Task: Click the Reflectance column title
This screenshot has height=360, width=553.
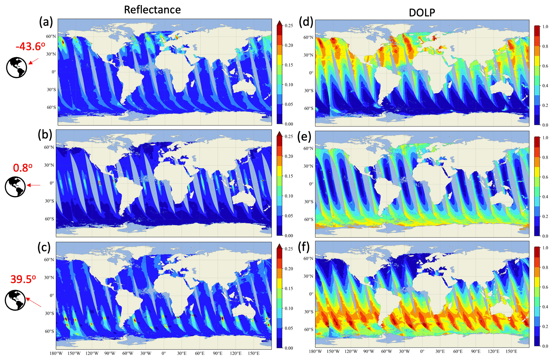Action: pos(152,10)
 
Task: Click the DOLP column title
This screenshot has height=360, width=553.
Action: pos(422,13)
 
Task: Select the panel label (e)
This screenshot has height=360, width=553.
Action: pos(304,137)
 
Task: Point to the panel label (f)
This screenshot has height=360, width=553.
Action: pos(304,248)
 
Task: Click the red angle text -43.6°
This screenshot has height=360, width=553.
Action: pos(30,47)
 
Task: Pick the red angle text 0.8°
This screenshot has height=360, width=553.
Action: pos(23,168)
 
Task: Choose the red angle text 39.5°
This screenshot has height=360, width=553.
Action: pos(23,279)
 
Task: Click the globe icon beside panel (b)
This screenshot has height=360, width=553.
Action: pos(15,187)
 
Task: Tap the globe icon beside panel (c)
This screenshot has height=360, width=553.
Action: pos(15,300)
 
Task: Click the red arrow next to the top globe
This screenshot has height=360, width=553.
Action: pos(33,61)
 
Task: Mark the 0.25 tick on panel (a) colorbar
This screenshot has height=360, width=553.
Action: pos(289,26)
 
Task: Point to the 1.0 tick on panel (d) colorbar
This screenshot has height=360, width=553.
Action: pos(545,27)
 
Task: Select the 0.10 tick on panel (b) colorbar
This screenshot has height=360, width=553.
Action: pos(289,196)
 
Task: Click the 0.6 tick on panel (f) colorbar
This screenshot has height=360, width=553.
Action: pos(545,287)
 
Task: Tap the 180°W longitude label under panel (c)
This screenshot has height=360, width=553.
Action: pos(56,353)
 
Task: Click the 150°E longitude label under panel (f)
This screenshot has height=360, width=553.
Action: pos(511,351)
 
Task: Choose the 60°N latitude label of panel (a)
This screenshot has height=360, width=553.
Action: pos(51,36)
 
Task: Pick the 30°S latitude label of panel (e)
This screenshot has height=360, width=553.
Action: pos(309,202)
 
